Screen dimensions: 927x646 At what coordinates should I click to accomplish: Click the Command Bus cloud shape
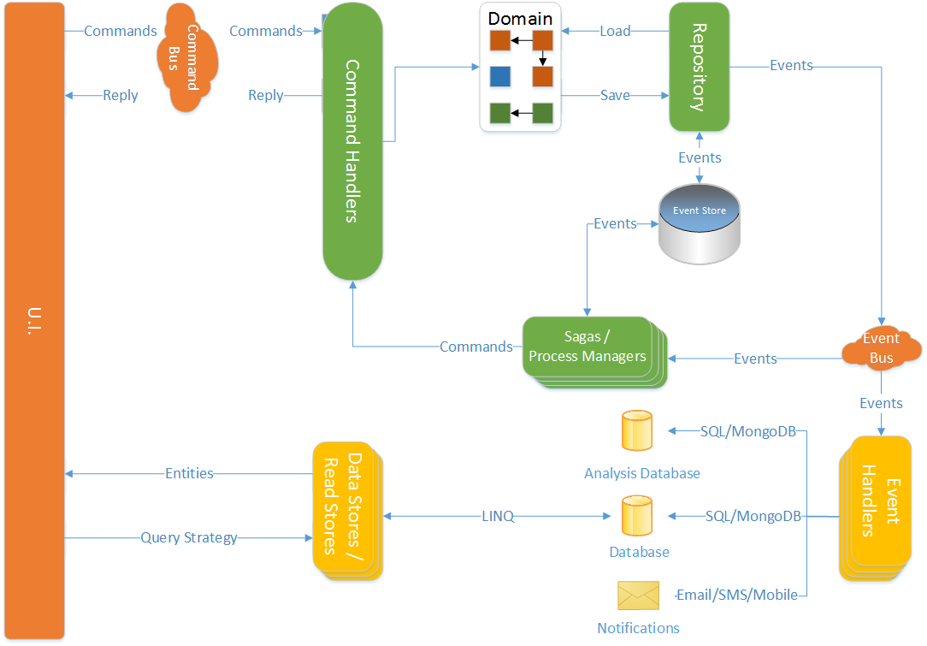187,57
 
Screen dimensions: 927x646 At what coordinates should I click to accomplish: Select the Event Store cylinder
700,224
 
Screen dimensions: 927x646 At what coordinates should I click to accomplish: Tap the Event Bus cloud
882,348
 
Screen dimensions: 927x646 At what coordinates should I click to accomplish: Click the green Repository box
700,67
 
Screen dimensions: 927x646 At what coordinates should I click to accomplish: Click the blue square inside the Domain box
500,76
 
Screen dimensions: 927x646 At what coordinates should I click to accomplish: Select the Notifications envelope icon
639,596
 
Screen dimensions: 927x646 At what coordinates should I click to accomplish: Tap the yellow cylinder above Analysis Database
637,431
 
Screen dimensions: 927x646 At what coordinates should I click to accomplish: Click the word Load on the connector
615,31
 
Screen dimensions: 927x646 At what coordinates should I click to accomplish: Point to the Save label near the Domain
615,95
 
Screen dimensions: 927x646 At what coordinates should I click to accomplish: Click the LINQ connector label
498,517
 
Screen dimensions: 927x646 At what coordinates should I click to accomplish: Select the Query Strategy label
189,537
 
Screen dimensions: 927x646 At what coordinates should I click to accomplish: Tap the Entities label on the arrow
189,473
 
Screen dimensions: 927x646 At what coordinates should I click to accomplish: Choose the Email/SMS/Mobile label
736,596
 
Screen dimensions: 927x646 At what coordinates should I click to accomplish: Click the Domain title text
520,18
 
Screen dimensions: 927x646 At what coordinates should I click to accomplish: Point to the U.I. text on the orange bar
34,321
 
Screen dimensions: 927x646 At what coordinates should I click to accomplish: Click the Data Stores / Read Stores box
347,511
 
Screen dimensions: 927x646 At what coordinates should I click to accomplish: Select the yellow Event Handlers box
876,508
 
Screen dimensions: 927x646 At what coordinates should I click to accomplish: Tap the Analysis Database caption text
642,473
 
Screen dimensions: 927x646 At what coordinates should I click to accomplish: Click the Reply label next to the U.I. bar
120,95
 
